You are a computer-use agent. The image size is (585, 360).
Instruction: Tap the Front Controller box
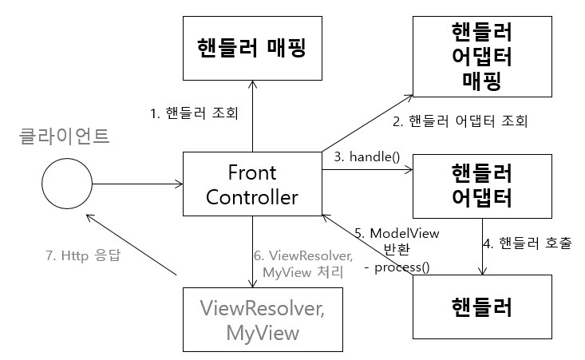point(252,185)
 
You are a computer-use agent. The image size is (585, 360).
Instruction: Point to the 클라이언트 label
point(64,136)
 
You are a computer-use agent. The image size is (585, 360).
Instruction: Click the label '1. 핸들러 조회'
point(194,113)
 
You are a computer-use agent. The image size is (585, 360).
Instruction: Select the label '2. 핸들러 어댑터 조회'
point(460,122)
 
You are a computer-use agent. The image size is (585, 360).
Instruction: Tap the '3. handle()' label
point(366,156)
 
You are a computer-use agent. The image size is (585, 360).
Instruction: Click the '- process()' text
point(397,267)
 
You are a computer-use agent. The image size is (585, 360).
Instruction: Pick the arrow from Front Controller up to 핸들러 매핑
point(252,116)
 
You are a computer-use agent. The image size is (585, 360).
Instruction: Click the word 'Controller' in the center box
point(252,197)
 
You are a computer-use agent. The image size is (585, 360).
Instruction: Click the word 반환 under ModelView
point(397,249)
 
